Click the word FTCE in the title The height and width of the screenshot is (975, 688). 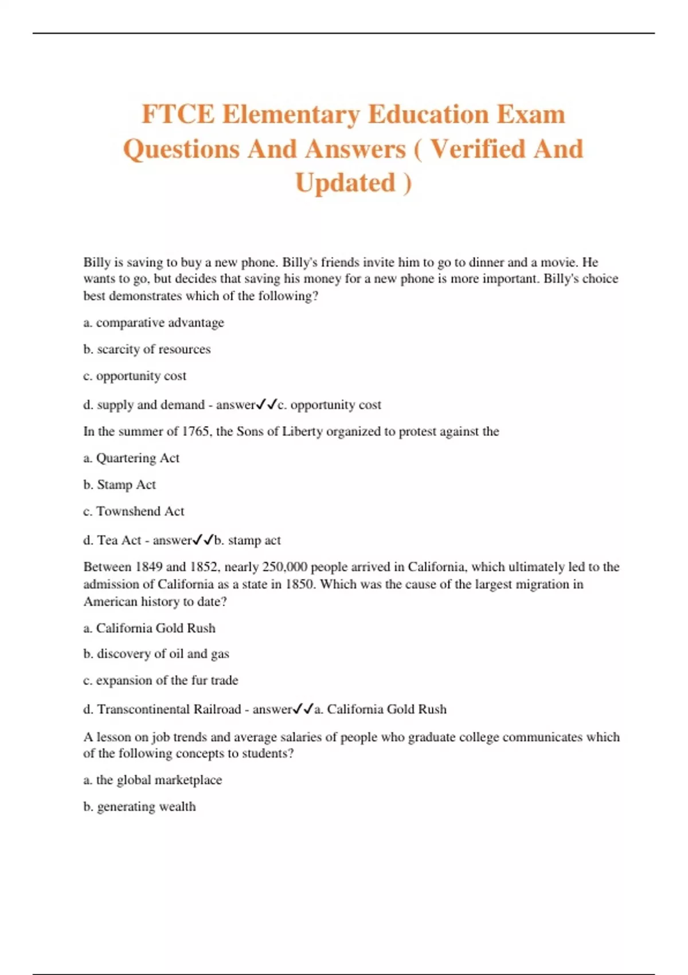178,114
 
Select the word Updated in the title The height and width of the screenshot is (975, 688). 345,183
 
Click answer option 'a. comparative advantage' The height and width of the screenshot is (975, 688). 154,322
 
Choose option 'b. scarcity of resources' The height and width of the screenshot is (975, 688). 147,349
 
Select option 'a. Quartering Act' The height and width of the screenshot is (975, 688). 131,458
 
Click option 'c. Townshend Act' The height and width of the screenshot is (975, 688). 134,511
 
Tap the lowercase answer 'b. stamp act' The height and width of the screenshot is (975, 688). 248,540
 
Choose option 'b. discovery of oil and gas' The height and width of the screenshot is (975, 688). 156,654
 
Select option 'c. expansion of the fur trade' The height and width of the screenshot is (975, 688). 161,680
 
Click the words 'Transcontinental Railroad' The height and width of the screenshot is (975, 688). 169,709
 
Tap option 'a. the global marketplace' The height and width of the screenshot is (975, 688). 153,780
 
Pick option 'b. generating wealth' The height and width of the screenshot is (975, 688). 139,806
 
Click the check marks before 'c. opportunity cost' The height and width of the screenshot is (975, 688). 267,404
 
